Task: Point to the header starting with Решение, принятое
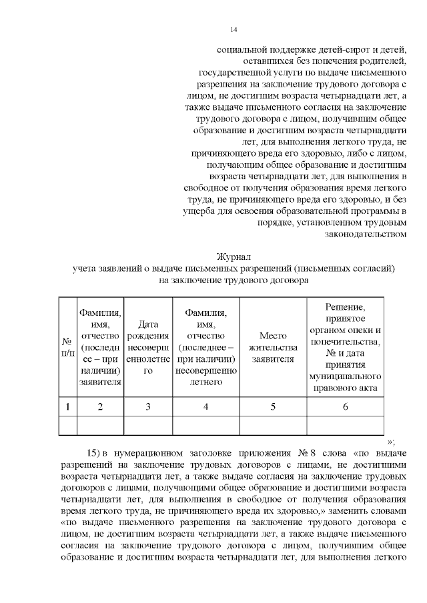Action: point(344,346)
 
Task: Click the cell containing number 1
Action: point(67,406)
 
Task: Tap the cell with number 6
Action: point(344,406)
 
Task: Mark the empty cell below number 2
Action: point(100,424)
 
